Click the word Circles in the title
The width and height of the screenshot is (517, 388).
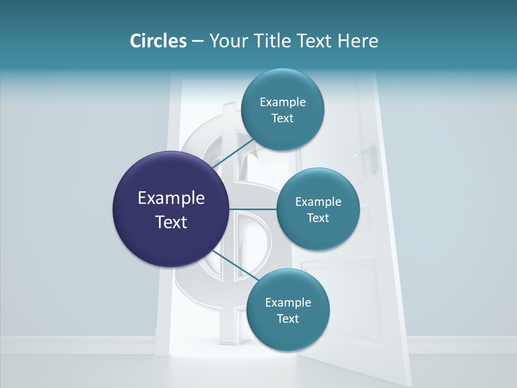158,41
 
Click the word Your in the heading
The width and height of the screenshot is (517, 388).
227,41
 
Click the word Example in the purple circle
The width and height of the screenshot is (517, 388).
171,198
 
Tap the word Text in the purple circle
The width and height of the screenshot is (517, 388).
171,222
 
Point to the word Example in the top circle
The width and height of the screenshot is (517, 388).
282,102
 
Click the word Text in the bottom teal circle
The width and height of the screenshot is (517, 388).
288,318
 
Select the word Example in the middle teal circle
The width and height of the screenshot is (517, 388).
318,202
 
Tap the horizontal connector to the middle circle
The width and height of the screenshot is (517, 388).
253,209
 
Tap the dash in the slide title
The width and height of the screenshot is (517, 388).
198,41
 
